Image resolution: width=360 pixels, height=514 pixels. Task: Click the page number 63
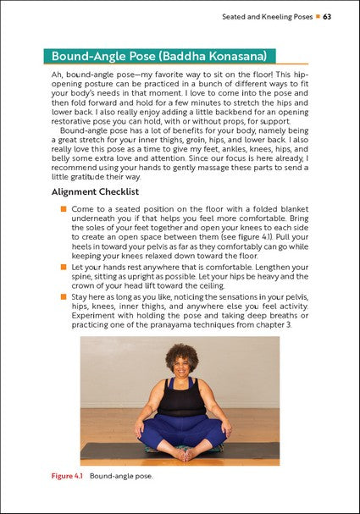(326, 16)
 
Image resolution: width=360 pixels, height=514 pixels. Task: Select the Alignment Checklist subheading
(97, 192)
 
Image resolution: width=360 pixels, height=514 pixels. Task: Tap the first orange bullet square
(62, 207)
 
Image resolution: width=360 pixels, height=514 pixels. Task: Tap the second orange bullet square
(62, 267)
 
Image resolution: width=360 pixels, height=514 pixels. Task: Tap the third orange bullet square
(62, 296)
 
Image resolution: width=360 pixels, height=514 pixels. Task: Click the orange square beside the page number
(315, 16)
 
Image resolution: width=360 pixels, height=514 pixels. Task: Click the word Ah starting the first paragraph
(58, 75)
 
